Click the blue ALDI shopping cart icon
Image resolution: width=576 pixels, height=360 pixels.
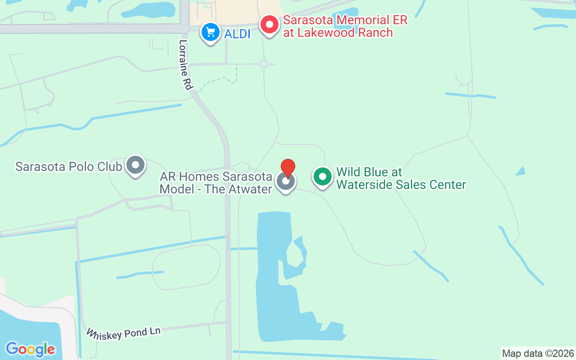click(210, 32)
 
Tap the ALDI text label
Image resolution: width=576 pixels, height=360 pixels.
click(237, 33)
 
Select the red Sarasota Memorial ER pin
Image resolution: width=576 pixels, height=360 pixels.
click(270, 24)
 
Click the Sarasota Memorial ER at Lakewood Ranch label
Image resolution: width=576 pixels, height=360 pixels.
click(345, 27)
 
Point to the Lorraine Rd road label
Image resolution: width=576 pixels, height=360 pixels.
click(185, 65)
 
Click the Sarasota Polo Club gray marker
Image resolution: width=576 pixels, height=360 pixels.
click(135, 165)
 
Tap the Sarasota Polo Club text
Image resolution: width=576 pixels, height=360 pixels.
click(68, 166)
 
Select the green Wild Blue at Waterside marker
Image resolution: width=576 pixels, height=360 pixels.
click(322, 176)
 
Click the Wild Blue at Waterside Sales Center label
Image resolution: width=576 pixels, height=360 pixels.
click(400, 179)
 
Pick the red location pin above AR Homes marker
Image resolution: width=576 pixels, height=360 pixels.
click(288, 168)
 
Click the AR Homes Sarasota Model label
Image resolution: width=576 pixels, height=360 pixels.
click(216, 183)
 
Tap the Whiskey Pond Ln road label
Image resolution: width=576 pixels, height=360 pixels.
click(123, 333)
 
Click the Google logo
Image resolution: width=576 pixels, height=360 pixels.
click(30, 349)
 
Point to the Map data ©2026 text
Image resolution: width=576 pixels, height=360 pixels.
click(538, 353)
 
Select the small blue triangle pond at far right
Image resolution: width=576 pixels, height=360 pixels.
click(521, 171)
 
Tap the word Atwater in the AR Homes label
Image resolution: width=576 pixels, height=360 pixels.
click(250, 189)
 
